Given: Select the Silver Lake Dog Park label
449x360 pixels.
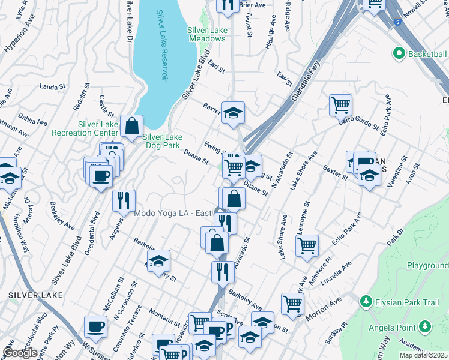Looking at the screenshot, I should tap(162, 140).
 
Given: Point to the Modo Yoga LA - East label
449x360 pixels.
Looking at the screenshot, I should tap(172, 213).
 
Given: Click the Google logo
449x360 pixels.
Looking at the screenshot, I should tap(19, 352).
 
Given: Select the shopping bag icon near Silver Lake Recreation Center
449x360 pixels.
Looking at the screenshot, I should tap(131, 126).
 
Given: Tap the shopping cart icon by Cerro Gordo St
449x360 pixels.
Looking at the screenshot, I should tap(340, 105).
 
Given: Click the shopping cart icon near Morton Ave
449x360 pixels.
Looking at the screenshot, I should tap(292, 303).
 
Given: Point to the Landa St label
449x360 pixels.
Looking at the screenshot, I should tap(52, 87).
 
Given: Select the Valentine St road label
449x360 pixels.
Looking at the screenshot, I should tap(399, 172).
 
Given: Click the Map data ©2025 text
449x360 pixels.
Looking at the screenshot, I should tap(424, 355).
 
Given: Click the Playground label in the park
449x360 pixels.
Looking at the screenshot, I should tap(427, 265).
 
